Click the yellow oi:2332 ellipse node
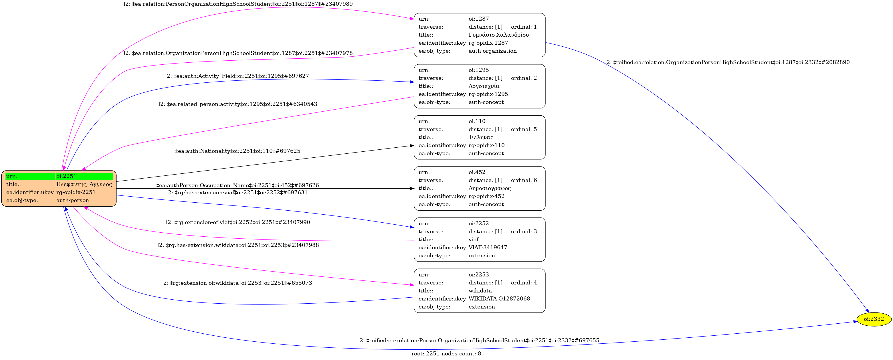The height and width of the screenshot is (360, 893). point(874,319)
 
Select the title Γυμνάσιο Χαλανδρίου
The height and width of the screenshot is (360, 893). point(498,35)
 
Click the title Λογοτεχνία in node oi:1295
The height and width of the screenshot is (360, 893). point(484,86)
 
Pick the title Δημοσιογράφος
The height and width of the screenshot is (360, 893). point(490,188)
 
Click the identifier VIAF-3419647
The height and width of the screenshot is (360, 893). point(488,247)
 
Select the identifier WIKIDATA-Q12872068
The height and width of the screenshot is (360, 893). point(499,298)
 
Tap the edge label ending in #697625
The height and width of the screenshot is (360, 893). point(238,151)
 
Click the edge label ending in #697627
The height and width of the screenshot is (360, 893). point(238,76)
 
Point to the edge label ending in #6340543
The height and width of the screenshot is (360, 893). point(238,104)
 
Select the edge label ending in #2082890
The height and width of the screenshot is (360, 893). point(728,62)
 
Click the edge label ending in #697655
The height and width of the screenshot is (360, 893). point(480,340)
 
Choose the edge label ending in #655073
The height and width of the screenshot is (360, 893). point(238,283)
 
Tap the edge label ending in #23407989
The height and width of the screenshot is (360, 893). point(238,4)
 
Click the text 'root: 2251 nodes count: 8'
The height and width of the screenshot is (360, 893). point(446,354)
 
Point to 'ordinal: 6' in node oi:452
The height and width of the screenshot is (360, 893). point(524,180)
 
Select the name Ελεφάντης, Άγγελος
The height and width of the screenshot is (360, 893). point(84,184)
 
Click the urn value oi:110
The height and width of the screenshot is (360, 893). point(477,121)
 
